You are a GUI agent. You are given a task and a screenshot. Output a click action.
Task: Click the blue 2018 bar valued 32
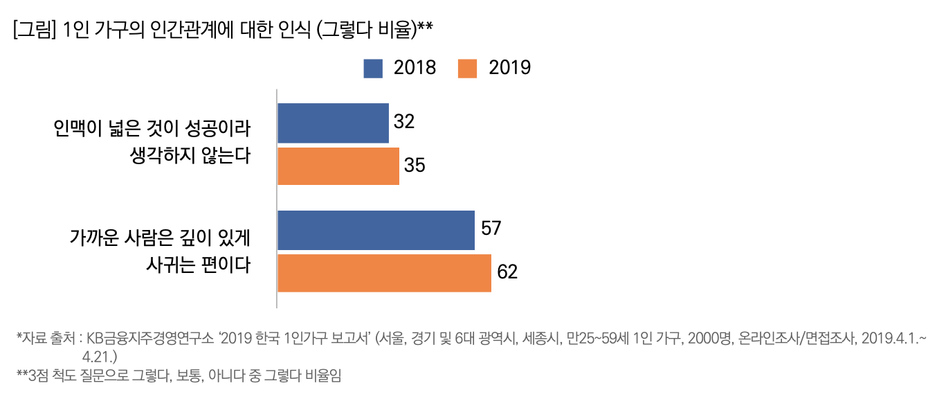tap(333, 123)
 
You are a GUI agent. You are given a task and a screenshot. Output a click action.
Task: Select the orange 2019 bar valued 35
tap(338, 166)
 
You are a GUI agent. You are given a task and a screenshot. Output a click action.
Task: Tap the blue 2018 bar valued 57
tap(376, 230)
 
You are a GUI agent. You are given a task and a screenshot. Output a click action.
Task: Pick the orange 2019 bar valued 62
tap(384, 273)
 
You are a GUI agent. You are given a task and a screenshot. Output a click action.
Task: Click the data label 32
tap(404, 122)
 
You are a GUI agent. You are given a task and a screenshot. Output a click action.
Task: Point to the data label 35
tap(415, 166)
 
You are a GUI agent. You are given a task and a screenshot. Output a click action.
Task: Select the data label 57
tap(491, 229)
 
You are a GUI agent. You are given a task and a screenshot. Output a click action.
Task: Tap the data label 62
tap(507, 272)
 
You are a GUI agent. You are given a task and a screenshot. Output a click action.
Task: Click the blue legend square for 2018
tap(373, 68)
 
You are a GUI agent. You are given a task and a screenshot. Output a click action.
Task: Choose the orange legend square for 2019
tap(468, 68)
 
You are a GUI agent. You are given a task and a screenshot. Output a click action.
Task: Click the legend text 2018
tap(415, 68)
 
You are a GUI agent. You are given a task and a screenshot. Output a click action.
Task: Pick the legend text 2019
tap(510, 68)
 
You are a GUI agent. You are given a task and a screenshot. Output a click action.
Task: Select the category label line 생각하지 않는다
tap(189, 154)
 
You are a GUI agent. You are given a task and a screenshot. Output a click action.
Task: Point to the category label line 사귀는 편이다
tap(197, 265)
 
